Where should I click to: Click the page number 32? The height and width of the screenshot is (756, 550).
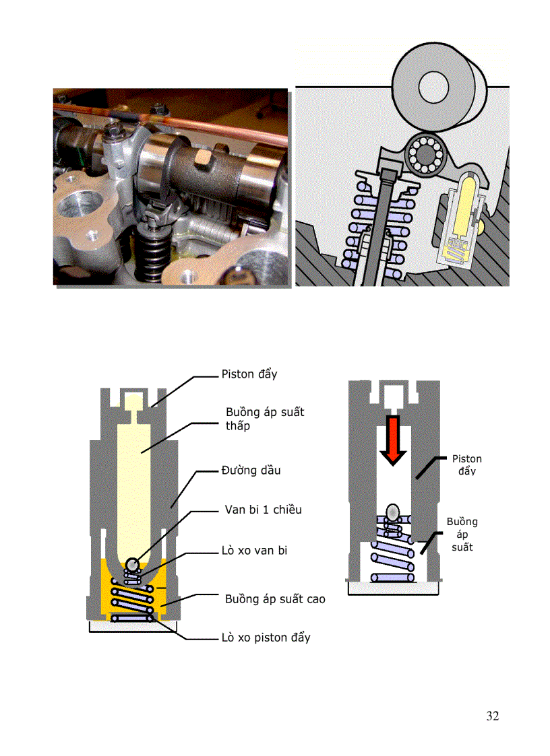pyautogui.click(x=493, y=716)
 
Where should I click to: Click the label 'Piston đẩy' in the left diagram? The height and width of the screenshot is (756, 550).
pyautogui.click(x=249, y=374)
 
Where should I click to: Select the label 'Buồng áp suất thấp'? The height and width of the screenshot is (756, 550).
pyautogui.click(x=264, y=418)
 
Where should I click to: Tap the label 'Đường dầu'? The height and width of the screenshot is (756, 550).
pyautogui.click(x=251, y=471)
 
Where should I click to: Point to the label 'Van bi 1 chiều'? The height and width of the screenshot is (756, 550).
pyautogui.click(x=263, y=510)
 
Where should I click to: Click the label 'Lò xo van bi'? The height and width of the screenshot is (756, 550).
pyautogui.click(x=255, y=551)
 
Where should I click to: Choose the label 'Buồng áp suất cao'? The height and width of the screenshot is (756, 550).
pyautogui.click(x=275, y=598)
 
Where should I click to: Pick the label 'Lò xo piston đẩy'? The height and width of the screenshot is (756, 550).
pyautogui.click(x=266, y=637)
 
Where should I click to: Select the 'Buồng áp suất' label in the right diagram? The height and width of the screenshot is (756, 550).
pyautogui.click(x=462, y=535)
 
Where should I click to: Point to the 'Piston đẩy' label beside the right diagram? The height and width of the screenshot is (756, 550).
pyautogui.click(x=466, y=465)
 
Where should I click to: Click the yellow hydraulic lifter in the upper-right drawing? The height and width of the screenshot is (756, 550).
pyautogui.click(x=464, y=209)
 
